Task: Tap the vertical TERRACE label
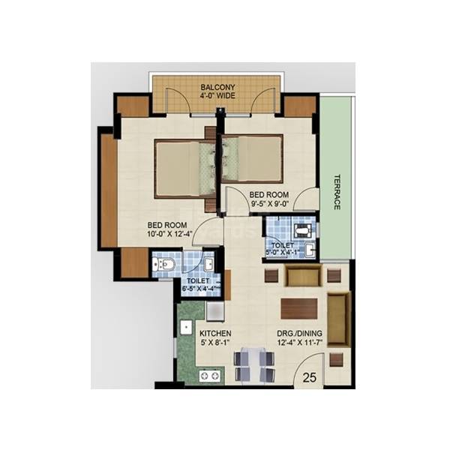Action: pos(337,193)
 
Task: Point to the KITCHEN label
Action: pos(214,333)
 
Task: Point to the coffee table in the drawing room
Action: pos(298,308)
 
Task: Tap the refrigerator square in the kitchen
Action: pos(214,310)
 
